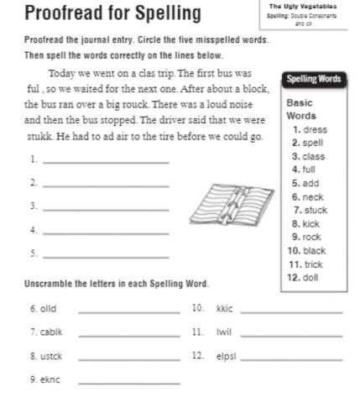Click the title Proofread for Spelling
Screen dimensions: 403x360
(112, 13)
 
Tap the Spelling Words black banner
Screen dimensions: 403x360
(314, 79)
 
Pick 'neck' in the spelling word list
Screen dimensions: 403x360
(312, 196)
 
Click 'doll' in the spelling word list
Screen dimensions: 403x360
(310, 277)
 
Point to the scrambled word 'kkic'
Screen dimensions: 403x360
(224, 309)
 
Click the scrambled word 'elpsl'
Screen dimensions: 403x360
(227, 356)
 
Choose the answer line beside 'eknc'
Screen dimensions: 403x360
(128, 383)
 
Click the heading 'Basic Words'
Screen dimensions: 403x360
(301, 109)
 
